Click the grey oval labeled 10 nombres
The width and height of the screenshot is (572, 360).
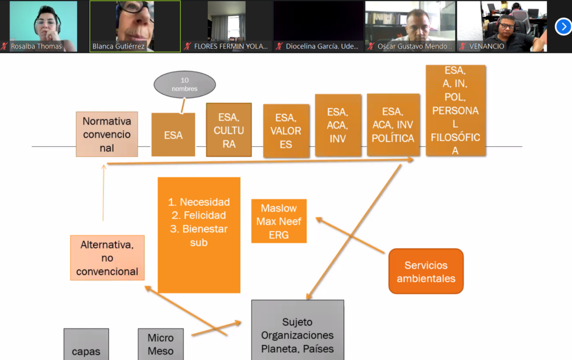pos(184,84)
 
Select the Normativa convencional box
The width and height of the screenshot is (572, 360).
pos(107,134)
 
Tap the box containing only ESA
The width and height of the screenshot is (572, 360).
pos(173,135)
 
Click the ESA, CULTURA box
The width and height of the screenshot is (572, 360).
pos(229,130)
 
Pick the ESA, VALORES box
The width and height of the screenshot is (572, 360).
pos(286,131)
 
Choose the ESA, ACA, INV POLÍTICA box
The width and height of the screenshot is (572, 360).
pos(393,125)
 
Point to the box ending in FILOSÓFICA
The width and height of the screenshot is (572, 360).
pos(455,111)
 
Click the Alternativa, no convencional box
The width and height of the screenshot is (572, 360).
pos(107,258)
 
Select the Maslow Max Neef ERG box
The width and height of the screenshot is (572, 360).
pos(279,221)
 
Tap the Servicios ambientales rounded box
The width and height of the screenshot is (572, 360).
pos(426,271)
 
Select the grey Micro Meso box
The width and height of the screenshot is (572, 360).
pos(160,344)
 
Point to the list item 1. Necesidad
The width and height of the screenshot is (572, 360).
pos(199,202)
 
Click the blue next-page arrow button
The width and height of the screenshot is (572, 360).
pos(563,26)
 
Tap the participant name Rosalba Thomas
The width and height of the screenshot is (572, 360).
pos(36,46)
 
